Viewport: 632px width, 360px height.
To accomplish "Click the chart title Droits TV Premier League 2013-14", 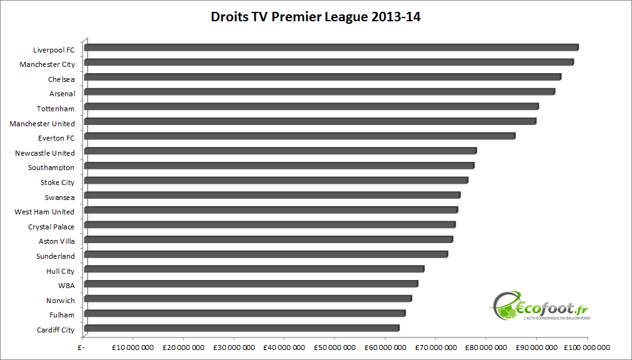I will tap(316, 17).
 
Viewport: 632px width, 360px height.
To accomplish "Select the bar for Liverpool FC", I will tap(331, 47).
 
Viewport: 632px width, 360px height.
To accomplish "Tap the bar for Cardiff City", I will tap(241, 328).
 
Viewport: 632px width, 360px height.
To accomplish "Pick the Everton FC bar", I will tap(299, 136).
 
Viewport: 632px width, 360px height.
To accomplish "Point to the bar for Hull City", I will tap(254, 269).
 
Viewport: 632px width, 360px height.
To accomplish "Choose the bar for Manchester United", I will tap(310, 121).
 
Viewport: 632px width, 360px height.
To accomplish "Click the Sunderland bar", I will tap(266, 254).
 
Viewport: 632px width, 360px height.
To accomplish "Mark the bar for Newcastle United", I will tap(280, 151).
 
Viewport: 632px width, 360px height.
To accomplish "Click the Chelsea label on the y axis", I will tap(61, 79).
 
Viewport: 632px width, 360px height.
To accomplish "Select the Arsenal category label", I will tap(62, 94).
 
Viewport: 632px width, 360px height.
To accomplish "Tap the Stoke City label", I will tap(58, 182).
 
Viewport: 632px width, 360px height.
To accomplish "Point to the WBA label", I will tap(66, 286).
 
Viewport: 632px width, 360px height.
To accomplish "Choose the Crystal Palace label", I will tap(51, 227).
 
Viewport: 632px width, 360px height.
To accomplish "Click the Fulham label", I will tap(62, 315).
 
